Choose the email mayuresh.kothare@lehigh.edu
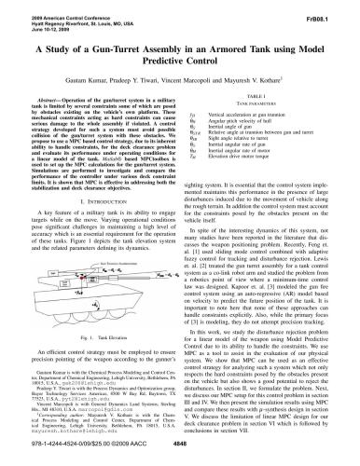pos(62,434)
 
